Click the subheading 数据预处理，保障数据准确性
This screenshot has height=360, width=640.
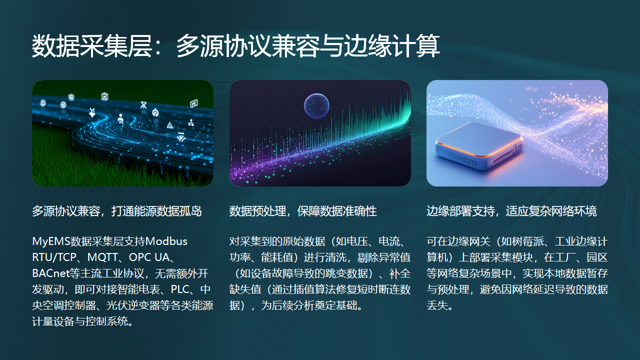click(303, 211)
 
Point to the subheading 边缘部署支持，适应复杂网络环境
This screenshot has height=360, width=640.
click(511, 211)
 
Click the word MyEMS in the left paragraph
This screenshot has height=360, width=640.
click(52, 241)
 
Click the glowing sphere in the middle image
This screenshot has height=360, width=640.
click(318, 103)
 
